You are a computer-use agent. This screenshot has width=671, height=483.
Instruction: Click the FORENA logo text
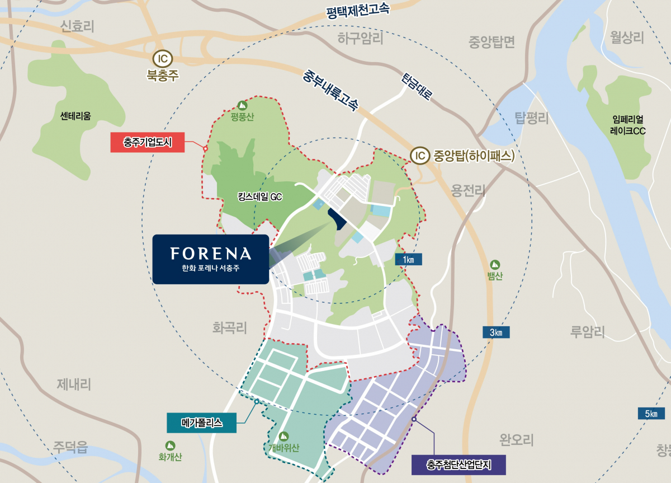pyautogui.click(x=211, y=254)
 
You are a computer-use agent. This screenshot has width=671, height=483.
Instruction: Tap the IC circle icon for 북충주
pyautogui.click(x=162, y=58)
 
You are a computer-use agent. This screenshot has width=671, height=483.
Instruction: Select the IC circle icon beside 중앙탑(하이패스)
pyautogui.click(x=419, y=155)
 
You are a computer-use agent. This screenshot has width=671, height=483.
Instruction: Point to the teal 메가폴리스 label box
pyautogui.click(x=201, y=423)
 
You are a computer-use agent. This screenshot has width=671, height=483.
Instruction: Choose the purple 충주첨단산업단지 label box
pyautogui.click(x=458, y=464)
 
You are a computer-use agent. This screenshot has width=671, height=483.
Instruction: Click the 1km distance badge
pyautogui.click(x=408, y=259)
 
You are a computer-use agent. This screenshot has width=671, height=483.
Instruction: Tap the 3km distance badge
pyautogui.click(x=496, y=332)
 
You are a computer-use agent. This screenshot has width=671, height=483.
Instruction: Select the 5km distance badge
pyautogui.click(x=651, y=414)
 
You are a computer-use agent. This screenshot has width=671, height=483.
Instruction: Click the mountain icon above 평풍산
pyautogui.click(x=242, y=105)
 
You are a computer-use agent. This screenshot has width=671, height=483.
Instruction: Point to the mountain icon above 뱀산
pyautogui.click(x=495, y=264)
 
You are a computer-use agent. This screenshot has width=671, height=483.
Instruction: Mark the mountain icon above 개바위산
pyautogui.click(x=283, y=436)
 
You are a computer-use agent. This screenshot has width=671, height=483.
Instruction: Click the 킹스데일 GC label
pyautogui.click(x=259, y=196)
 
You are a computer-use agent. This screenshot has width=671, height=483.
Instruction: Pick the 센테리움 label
pyautogui.click(x=75, y=116)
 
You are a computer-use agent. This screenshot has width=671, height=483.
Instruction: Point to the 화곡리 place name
pyautogui.click(x=230, y=327)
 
